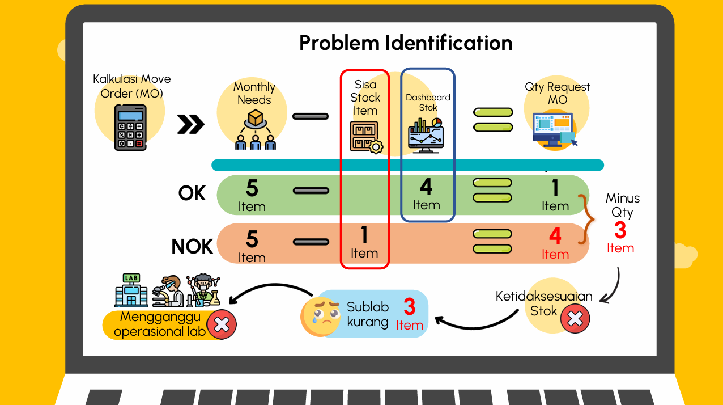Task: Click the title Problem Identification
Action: point(406,43)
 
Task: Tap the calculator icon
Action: point(130,128)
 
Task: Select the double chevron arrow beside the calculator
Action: point(190,125)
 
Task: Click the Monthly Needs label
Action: point(254,93)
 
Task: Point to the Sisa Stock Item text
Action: point(365,98)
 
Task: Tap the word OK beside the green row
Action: point(192,193)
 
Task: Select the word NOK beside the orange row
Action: point(192,247)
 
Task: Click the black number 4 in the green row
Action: point(426,187)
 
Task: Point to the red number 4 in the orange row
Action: point(555,235)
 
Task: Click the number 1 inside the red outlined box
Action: point(364,234)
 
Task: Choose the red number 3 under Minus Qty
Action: point(620,231)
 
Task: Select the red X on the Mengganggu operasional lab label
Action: point(222,324)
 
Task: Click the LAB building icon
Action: point(131,290)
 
